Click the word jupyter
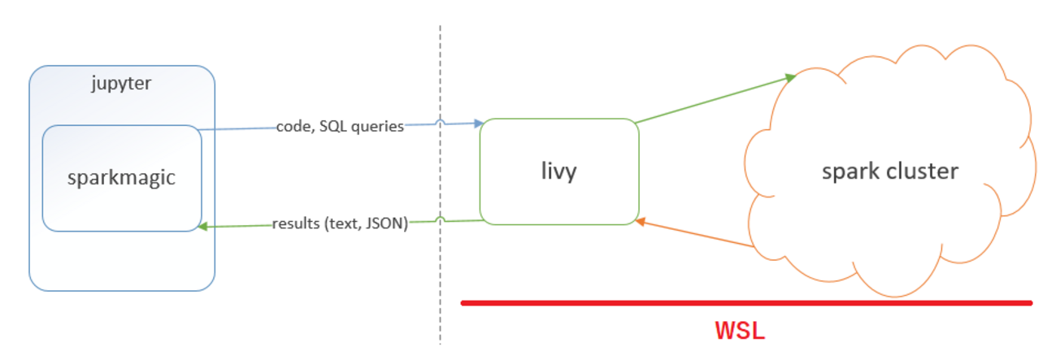[121, 85]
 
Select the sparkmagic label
[121, 177]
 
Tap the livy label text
[558, 172]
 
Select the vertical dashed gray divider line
[441, 268]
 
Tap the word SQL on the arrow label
[335, 127]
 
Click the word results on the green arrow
[296, 223]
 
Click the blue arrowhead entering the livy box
[477, 124]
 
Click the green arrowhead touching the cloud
[789, 77]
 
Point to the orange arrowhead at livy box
[641, 220]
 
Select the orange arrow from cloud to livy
[699, 233]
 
